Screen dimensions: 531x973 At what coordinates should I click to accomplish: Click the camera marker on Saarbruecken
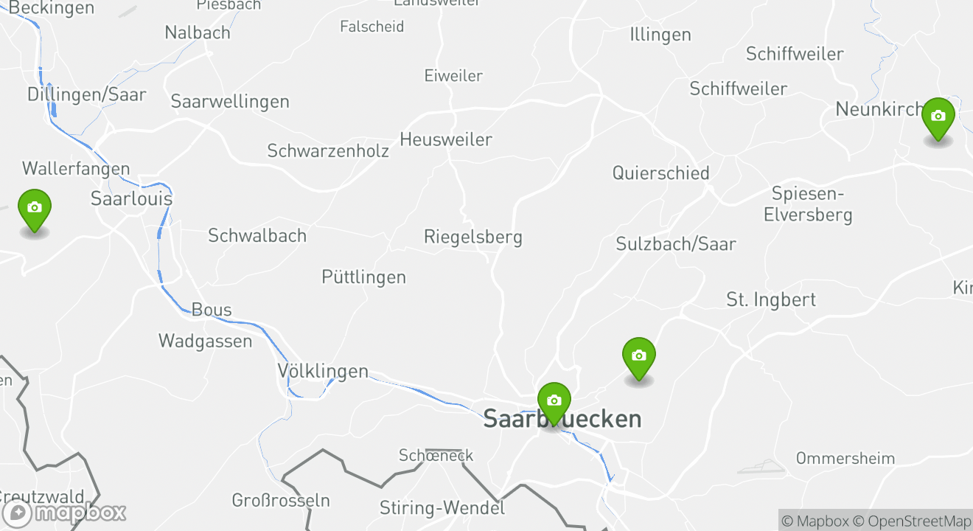[554, 401]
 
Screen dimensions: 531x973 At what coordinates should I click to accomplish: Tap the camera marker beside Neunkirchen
[938, 117]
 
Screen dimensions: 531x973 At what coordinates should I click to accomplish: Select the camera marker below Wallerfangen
[34, 208]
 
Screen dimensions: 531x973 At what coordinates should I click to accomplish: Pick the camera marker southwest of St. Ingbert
[639, 356]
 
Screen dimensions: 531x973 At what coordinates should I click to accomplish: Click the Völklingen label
[323, 371]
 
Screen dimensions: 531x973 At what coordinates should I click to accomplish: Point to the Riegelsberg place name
[472, 237]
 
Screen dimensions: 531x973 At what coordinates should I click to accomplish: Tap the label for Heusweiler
[445, 139]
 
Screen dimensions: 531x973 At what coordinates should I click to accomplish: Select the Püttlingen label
[363, 277]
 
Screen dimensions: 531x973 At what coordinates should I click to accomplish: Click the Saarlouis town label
[131, 199]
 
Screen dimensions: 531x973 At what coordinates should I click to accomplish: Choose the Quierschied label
[660, 173]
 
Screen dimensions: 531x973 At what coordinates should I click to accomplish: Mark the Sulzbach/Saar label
[676, 244]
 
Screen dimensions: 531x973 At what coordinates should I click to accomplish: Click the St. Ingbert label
[771, 299]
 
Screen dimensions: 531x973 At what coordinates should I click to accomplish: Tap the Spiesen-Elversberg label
[808, 204]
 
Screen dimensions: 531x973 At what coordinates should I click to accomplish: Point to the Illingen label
[660, 35]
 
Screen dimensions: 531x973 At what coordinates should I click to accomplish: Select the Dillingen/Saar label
[87, 94]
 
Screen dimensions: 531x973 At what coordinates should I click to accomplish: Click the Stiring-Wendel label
[442, 507]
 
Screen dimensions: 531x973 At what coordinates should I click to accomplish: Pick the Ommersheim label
[845, 458]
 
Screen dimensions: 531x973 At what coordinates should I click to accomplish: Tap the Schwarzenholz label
[327, 151]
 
